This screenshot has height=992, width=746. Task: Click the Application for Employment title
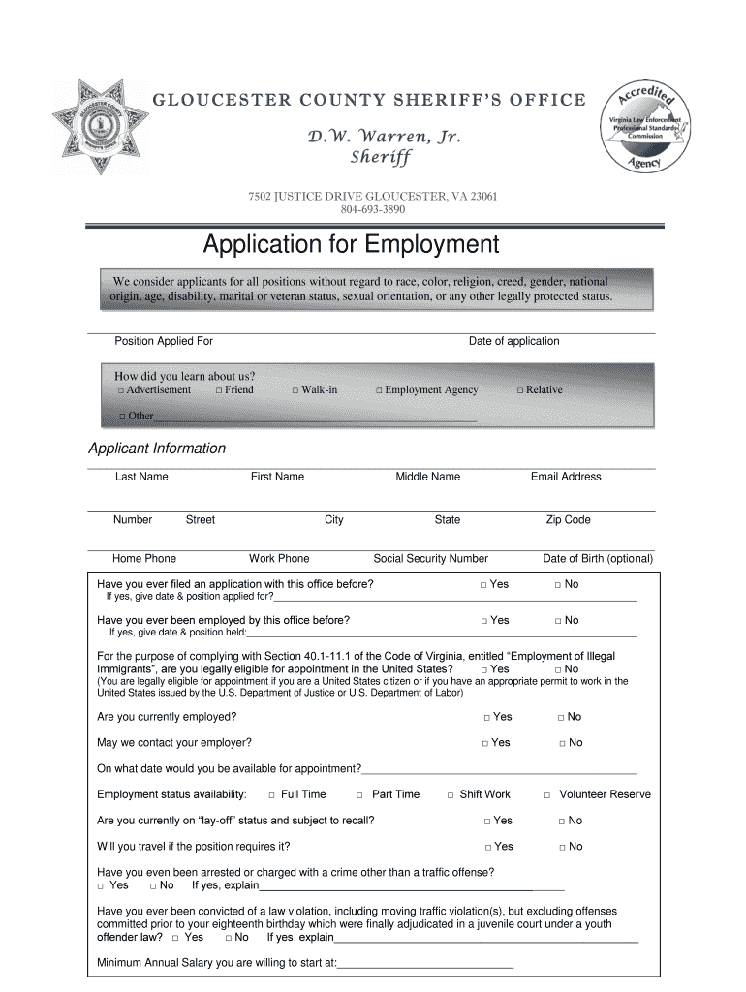tap(350, 243)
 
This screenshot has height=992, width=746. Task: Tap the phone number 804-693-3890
tap(373, 209)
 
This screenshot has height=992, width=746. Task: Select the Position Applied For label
tap(164, 341)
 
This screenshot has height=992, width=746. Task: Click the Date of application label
tap(513, 341)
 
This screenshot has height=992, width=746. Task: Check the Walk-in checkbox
tap(295, 390)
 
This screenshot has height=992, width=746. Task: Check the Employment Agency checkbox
tap(380, 390)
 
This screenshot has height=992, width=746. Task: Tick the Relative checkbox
tap(520, 390)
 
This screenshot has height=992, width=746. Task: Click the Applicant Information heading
tap(157, 449)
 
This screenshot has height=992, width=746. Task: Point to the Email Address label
tap(566, 477)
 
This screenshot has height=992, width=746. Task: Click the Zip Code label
tap(568, 520)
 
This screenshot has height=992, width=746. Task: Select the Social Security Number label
tap(430, 559)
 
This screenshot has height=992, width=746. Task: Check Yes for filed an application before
tap(483, 585)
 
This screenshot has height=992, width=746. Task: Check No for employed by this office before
tap(558, 621)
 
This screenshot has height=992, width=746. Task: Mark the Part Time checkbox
tap(359, 795)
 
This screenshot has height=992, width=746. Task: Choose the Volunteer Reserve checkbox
tap(547, 795)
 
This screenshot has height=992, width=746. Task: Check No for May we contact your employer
tap(562, 744)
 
